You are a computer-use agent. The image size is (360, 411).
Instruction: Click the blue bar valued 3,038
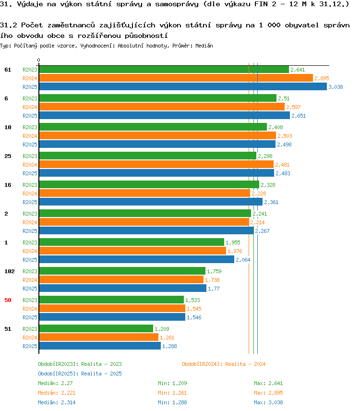tap(183, 86)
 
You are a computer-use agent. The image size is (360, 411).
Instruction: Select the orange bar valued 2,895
tap(176, 78)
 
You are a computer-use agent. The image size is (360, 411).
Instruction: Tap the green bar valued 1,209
tap(96, 328)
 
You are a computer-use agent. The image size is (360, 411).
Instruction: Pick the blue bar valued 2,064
tap(136, 259)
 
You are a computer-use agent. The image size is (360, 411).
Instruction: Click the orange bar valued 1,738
tap(121, 279)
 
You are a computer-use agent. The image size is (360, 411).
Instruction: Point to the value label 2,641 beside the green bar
tap(298, 70)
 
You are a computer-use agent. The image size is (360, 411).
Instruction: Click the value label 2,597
tap(293, 107)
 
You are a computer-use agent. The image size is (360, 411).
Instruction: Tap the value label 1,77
tap(214, 289)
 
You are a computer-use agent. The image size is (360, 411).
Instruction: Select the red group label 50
tap(8, 300)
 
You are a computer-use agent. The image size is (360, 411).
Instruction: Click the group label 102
tap(10, 271)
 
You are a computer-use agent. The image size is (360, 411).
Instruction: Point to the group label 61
tap(8, 70)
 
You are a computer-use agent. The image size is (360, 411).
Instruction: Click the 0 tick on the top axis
tap(38, 60)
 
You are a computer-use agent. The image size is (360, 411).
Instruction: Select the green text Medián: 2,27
tap(55, 383)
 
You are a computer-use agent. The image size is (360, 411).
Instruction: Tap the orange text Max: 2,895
tap(268, 393)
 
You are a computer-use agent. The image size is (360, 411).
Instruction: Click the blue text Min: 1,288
tap(172, 402)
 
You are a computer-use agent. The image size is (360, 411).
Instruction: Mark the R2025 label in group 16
tap(30, 202)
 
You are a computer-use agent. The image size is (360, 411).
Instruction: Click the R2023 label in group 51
tap(30, 329)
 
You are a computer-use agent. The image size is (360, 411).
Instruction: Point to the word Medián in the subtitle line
tap(204, 46)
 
